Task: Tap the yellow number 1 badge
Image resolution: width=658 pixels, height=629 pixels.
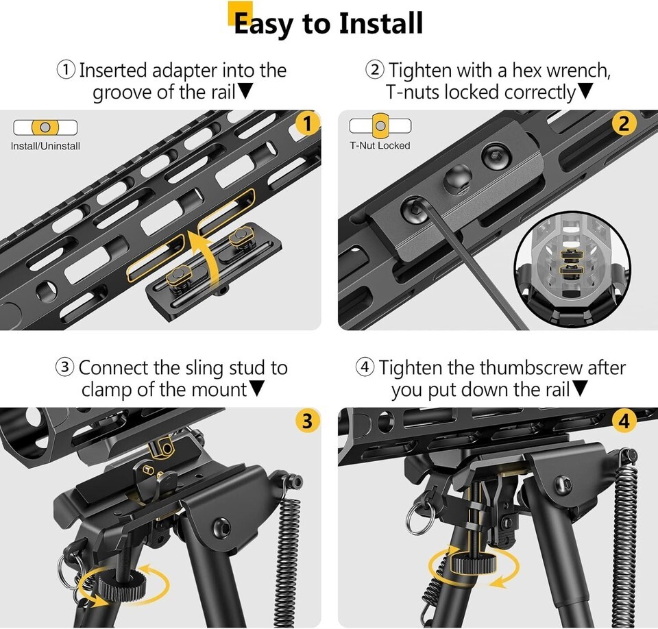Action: pos(307,124)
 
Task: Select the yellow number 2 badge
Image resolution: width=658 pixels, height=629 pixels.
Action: pos(624,124)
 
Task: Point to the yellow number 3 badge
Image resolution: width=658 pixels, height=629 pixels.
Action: pos(307,421)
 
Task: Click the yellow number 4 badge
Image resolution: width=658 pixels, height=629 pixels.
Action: pos(624,421)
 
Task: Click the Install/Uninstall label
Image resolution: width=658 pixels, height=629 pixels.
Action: pos(45,146)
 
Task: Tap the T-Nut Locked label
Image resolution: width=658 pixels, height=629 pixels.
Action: pos(380,146)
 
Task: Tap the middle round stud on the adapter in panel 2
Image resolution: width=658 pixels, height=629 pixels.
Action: pos(459,179)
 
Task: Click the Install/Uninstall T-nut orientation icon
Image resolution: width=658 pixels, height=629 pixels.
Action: pos(45,127)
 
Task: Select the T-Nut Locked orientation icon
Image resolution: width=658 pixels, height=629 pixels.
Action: pos(380,125)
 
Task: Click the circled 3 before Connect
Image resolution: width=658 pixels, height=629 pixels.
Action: pos(65,367)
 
